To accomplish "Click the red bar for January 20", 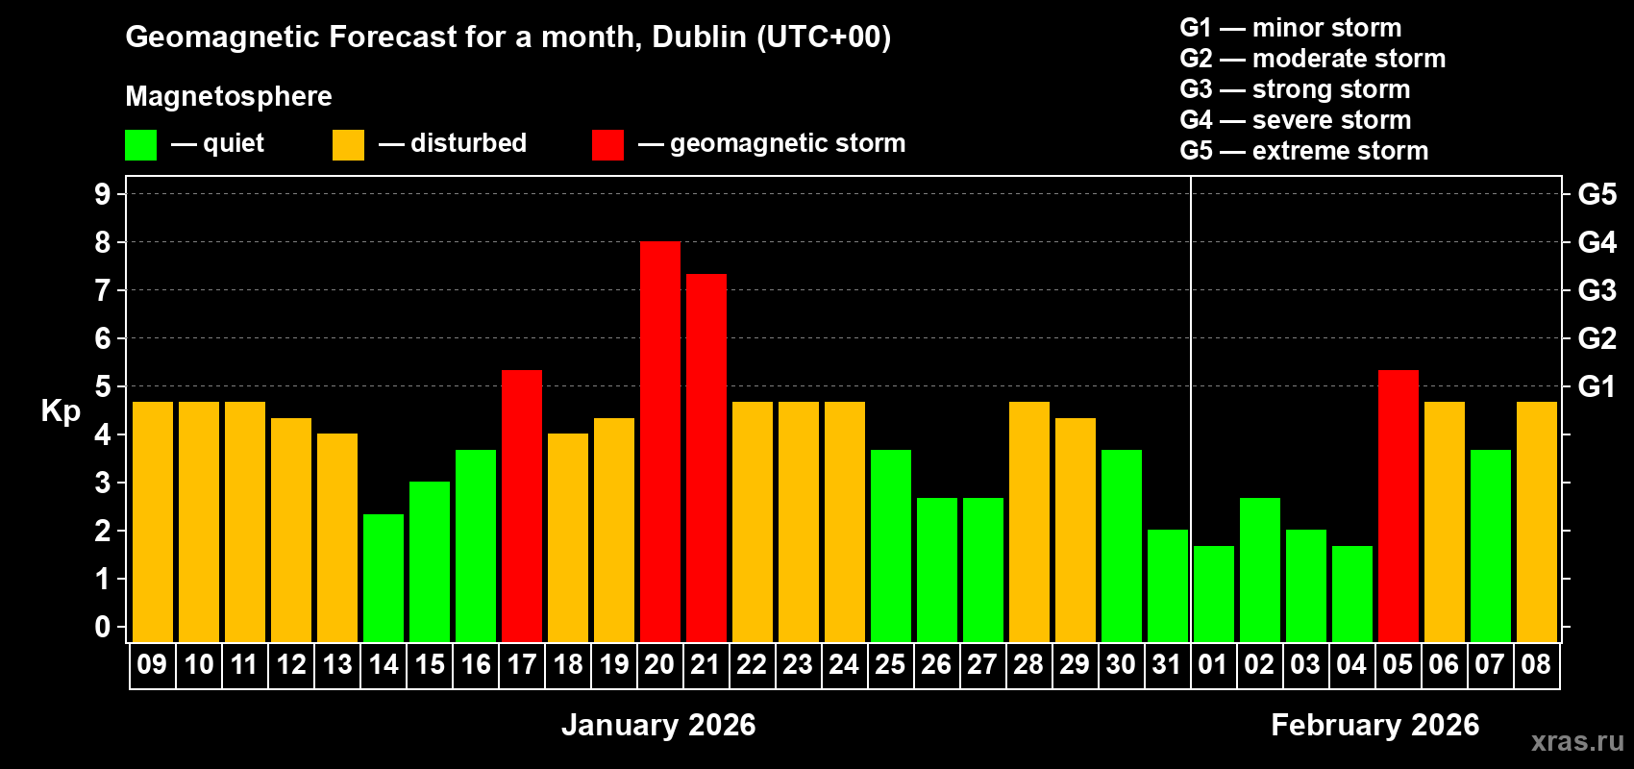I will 659,442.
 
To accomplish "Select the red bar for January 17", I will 521,506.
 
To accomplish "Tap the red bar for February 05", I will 1398,506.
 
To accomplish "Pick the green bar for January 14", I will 383,578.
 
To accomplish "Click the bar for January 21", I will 706,458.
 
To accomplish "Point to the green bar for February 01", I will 1213,594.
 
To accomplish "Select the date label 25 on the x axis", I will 890,664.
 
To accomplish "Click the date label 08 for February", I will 1536,664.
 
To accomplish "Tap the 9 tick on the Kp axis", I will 103,194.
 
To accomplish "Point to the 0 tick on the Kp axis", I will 103,627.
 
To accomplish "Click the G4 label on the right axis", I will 1597,242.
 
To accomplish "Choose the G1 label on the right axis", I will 1597,386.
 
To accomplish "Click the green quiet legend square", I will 140,145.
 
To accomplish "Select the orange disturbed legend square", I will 348,145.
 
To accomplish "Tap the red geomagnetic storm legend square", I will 607,145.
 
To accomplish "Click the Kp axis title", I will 61,410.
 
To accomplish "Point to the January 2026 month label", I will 658,725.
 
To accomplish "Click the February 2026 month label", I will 1374,725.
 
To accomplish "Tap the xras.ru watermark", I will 1576,741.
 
